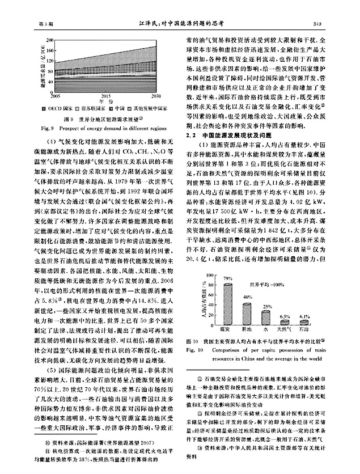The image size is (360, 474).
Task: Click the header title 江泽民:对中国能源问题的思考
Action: pos(180,23)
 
